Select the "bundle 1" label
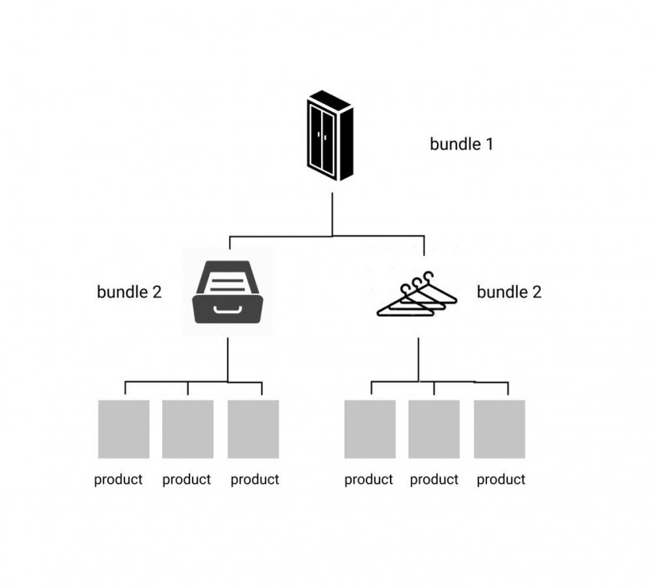pos(461,144)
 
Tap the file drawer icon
pos(227,292)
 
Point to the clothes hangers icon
pos(416,295)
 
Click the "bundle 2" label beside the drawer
pos(129,292)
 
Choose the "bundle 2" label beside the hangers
pos(509,292)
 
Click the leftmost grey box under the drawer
pos(124,429)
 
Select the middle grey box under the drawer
pos(188,429)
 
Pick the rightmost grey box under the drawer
pos(254,429)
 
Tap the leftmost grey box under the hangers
pos(370,429)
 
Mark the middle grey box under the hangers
pos(435,429)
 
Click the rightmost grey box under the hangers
pos(500,429)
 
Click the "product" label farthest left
pos(118,480)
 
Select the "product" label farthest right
pos(501,480)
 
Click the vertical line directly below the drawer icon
pos(228,360)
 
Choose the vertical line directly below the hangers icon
pos(418,360)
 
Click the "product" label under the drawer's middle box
pos(186,480)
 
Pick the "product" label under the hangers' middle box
pos(434,480)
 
